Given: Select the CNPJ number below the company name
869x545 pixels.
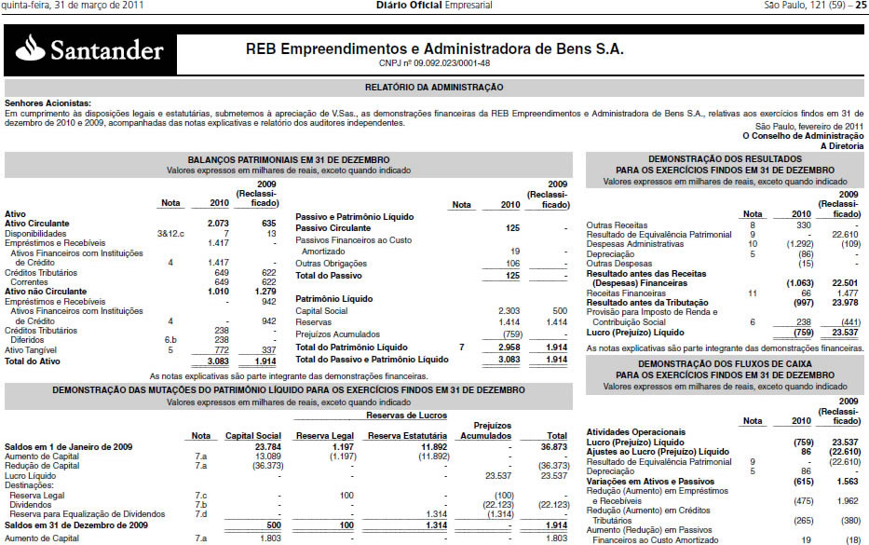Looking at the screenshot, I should click(x=435, y=63).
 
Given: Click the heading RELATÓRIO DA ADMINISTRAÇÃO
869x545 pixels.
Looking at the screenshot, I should click(x=434, y=88).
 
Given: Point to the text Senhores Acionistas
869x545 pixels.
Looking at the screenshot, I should click(x=48, y=102).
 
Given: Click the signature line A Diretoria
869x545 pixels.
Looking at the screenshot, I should click(x=842, y=145).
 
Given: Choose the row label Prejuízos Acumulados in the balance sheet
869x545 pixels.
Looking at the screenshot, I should click(x=337, y=334).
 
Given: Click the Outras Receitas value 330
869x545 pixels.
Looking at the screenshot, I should click(x=778, y=225).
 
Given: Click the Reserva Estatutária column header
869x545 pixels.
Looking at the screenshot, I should click(x=408, y=435).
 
